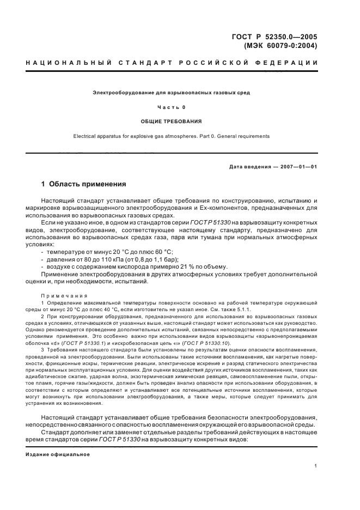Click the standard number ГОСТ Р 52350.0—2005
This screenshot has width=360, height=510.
(274, 37)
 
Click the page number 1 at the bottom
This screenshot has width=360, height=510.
(316, 465)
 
